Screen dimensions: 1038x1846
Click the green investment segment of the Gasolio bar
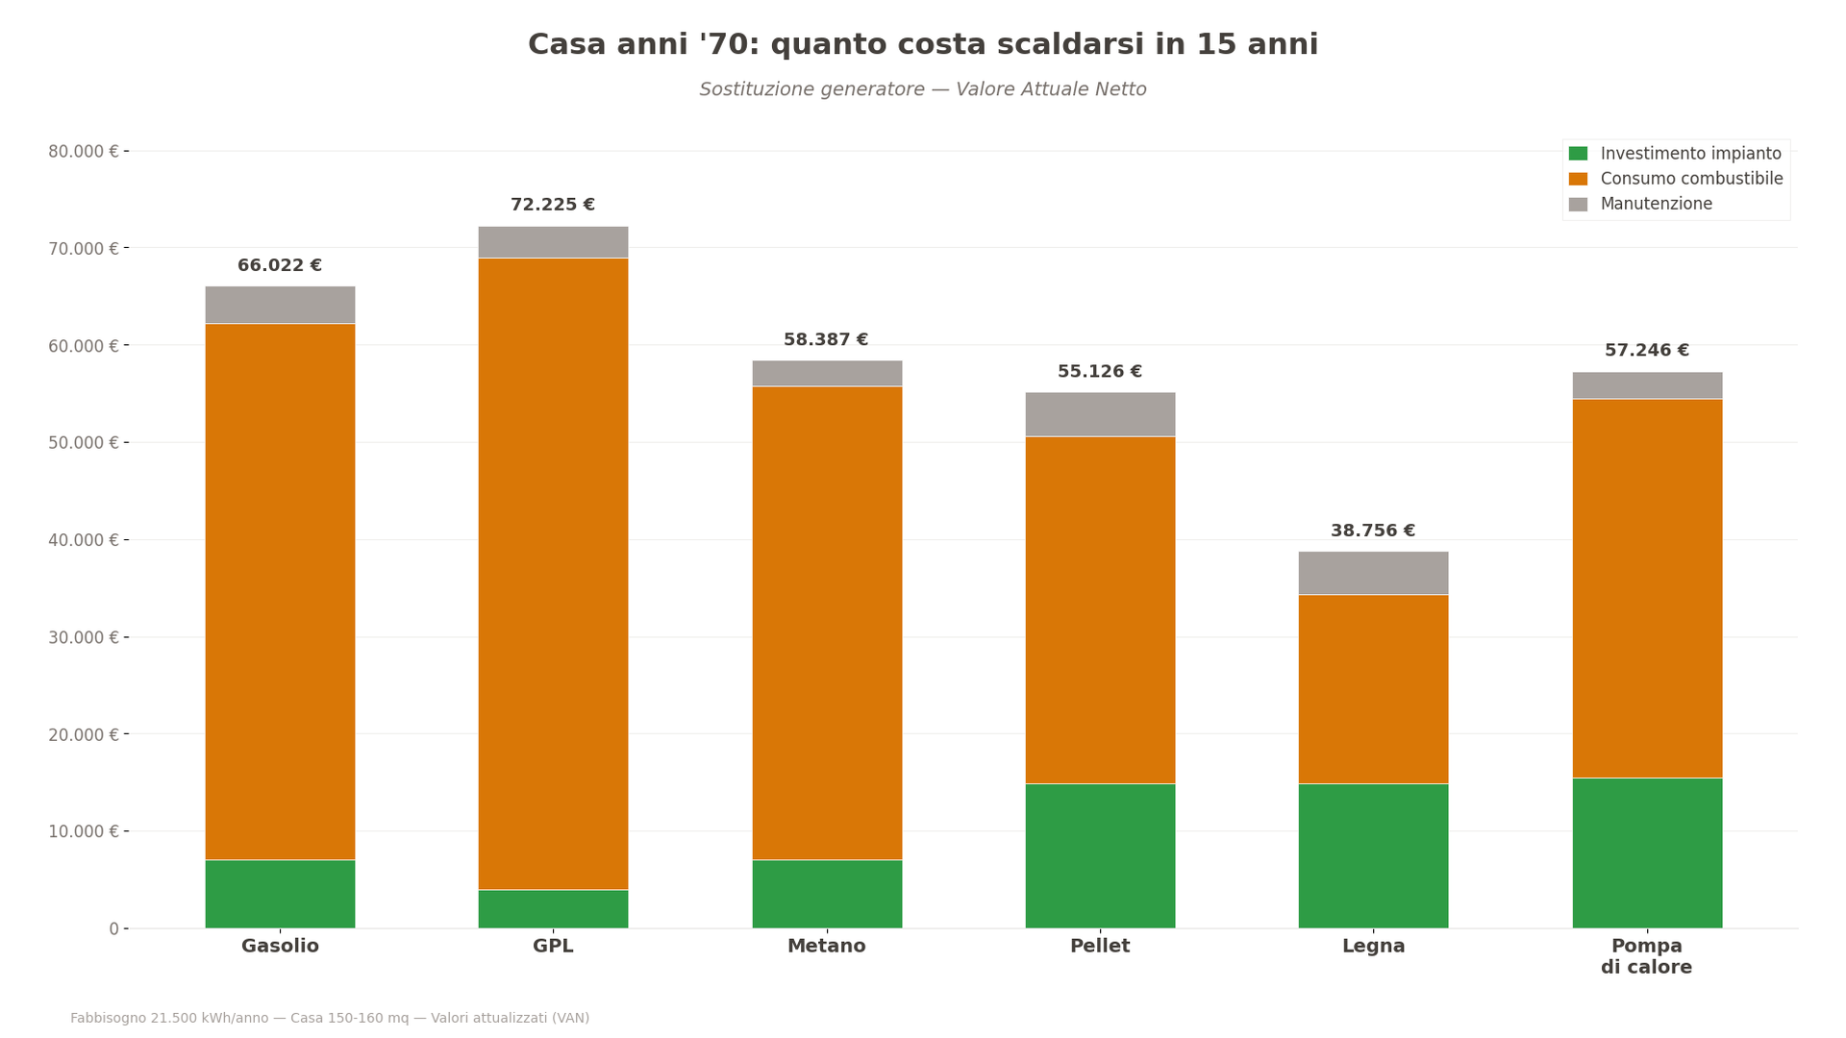coord(280,894)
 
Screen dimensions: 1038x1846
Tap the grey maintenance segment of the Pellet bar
coord(1100,414)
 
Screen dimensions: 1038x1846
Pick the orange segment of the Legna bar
coord(1373,689)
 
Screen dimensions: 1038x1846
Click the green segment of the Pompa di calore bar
coord(1647,853)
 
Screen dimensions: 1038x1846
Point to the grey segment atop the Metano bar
coord(827,373)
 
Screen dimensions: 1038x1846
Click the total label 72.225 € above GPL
coord(553,205)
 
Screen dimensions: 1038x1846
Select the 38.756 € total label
coord(1373,531)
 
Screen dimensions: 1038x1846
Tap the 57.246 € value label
coord(1647,351)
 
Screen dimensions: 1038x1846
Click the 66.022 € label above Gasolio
coord(280,265)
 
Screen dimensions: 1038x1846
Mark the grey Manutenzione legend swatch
coord(1578,204)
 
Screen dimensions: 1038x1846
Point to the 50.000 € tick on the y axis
coord(84,442)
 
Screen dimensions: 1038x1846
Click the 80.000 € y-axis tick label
coord(84,151)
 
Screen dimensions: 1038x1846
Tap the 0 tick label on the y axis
coord(113,928)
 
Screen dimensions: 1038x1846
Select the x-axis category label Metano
coord(827,946)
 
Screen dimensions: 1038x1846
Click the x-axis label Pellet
coord(1100,946)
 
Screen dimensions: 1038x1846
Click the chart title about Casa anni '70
coord(923,45)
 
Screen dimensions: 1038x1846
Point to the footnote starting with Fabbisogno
coord(330,1018)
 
